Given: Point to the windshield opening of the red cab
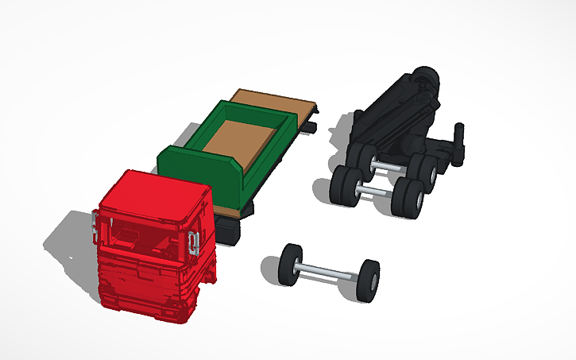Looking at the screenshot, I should pyautogui.click(x=143, y=238).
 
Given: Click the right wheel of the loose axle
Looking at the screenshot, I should pyautogui.click(x=367, y=278).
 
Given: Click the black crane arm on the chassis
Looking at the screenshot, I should pyautogui.click(x=389, y=111).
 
